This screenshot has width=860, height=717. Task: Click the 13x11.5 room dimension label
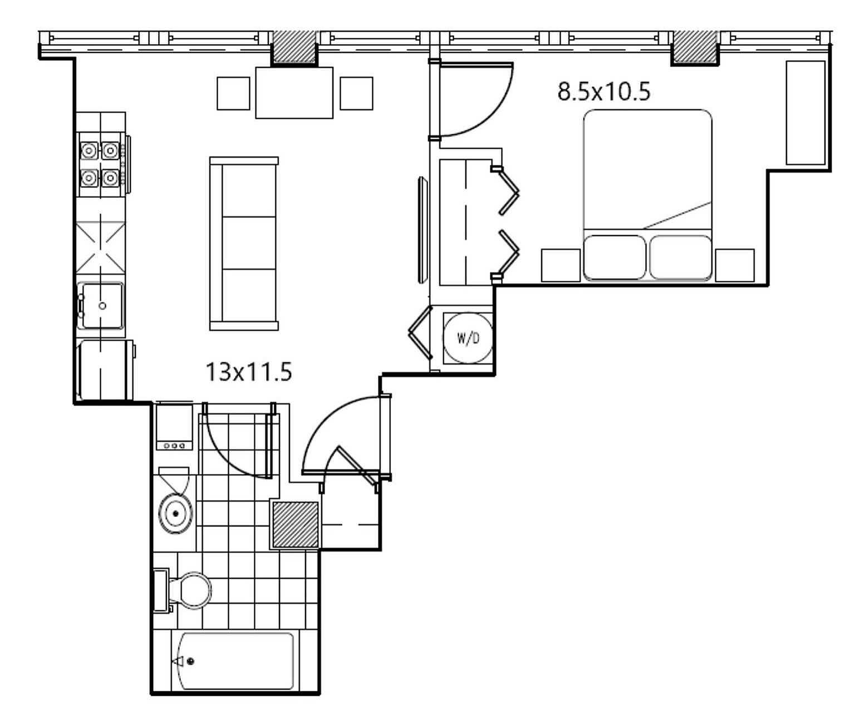click(248, 372)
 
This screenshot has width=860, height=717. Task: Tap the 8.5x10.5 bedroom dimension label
click(604, 91)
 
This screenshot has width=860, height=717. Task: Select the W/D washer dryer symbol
click(468, 338)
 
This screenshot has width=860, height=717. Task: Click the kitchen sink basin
click(101, 305)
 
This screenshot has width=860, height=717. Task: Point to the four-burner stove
click(101, 164)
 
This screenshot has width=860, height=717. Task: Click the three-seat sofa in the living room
click(244, 243)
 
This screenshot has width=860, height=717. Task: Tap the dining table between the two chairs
click(294, 93)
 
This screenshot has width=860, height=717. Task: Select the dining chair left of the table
click(233, 93)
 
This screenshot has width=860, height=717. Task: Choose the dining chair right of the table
click(356, 93)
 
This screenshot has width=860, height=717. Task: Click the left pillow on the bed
click(615, 257)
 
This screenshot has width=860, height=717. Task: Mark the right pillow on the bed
click(681, 257)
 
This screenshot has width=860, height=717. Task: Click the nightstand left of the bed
click(561, 266)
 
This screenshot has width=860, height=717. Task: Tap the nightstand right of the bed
click(735, 266)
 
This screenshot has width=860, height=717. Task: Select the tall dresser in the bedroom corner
click(805, 113)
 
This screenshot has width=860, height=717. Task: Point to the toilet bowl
click(189, 591)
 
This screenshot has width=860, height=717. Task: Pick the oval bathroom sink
click(175, 514)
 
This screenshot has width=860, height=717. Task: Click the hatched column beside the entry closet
click(296, 525)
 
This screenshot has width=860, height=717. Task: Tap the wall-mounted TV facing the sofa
click(422, 229)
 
